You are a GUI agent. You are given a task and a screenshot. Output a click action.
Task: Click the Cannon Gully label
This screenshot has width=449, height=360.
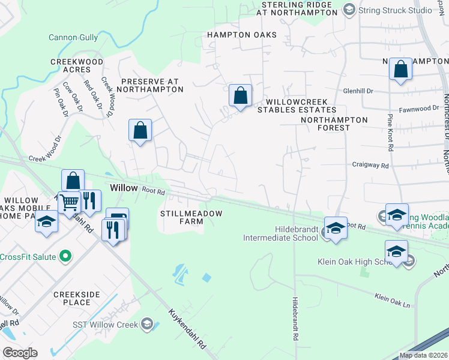click(73, 37)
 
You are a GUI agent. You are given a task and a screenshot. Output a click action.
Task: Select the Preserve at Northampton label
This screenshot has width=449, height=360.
click(149, 85)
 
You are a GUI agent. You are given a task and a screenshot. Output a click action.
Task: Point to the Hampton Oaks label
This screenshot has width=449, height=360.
click(242, 35)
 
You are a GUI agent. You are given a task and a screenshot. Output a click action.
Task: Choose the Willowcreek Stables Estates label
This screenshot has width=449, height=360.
click(297, 106)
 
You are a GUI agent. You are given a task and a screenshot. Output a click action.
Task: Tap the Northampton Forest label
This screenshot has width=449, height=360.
click(334, 124)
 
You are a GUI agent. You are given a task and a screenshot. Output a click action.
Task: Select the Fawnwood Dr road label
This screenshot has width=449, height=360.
click(421, 109)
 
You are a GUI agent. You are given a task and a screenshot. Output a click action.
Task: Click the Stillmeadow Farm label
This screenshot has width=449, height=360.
click(191, 217)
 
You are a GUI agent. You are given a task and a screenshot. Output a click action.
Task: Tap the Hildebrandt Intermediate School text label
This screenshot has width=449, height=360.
click(280, 233)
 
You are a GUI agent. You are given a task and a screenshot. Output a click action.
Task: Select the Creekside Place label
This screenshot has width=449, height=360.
click(75, 299)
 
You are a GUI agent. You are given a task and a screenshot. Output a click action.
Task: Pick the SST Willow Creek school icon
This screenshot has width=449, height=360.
click(146, 325)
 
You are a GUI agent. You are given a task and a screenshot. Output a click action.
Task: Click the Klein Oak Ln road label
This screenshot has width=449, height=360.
click(392, 301)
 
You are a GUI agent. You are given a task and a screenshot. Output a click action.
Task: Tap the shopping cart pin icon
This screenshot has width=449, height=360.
click(70, 203)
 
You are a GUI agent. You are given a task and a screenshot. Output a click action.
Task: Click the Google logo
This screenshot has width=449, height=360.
click(20, 353)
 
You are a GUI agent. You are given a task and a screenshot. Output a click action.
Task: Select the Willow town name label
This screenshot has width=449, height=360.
click(124, 188)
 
